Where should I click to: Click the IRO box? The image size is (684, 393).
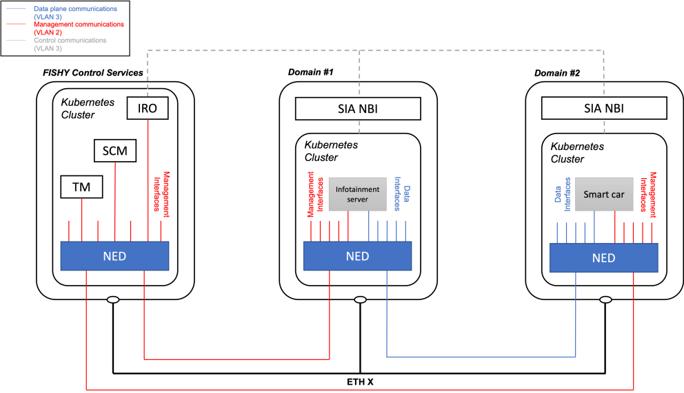pos(148,108)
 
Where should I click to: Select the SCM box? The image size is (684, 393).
pos(114,151)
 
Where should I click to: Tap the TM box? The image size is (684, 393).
pos(81,187)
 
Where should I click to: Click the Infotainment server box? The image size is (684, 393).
pos(357,193)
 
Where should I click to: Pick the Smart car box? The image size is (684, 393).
pos(603,194)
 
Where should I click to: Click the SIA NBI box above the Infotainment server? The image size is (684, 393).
pos(357,108)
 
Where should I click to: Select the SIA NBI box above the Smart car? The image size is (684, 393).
pos(603,108)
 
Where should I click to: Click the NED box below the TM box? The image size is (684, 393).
pos(114,256)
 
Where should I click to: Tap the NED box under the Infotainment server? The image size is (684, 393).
pos(357,256)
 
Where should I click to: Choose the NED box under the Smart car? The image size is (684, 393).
pos(603,258)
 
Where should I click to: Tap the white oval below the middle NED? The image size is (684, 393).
pos(359,299)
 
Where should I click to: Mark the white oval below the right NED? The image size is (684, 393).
pos(605,299)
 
